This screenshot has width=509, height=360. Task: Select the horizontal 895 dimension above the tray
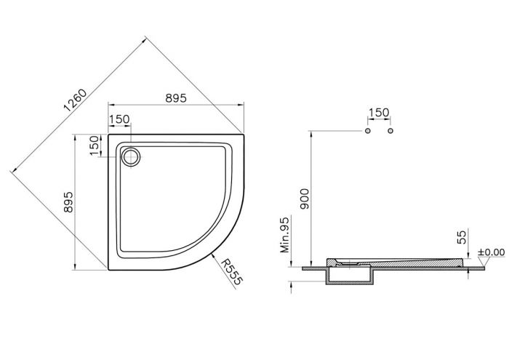point(175,97)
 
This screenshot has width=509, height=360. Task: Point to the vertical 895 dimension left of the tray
point(67,201)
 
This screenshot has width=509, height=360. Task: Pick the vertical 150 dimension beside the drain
point(94,145)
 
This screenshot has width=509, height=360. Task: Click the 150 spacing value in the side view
point(379,113)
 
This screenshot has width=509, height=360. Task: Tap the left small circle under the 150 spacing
point(368,132)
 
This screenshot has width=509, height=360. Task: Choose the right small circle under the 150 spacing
point(390,132)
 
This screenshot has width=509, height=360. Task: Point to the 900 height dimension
point(304,197)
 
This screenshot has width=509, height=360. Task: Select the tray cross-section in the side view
point(396,262)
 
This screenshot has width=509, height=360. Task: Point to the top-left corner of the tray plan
point(109,133)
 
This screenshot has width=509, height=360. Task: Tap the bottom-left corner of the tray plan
point(109,269)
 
